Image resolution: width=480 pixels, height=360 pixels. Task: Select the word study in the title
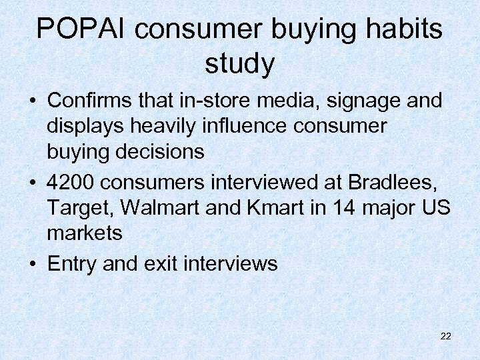tap(239, 64)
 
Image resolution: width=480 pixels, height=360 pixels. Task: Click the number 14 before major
tap(347, 207)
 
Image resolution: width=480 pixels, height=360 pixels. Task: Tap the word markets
tap(85, 233)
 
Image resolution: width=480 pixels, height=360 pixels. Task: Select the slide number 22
tap(446, 336)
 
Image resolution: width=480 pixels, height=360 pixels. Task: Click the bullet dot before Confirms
tap(32, 102)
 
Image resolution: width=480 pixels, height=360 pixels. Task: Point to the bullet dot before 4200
tap(32, 183)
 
